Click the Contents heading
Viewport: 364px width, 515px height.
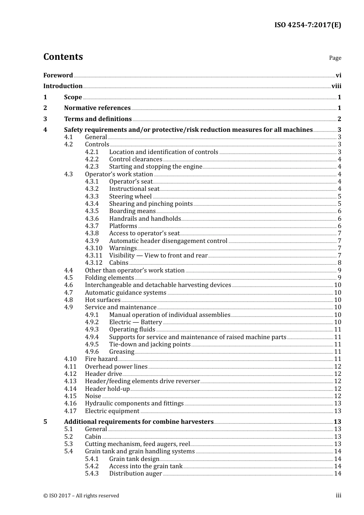tap(63, 57)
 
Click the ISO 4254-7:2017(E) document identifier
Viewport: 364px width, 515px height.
tap(307, 25)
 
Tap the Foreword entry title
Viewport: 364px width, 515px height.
tap(58, 75)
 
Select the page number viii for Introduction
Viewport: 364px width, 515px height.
tap(336, 86)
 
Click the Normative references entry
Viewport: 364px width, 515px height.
tap(97, 108)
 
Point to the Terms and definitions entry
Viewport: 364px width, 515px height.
tap(98, 119)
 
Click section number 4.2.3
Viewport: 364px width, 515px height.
tap(92, 167)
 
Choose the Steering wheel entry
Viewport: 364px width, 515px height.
tap(130, 197)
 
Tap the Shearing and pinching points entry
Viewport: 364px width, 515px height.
tap(151, 204)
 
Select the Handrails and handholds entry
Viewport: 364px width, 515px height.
tap(145, 219)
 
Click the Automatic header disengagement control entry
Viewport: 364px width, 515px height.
tap(168, 241)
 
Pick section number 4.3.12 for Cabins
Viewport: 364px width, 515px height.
tap(93, 263)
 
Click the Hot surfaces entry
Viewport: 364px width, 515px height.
tap(103, 300)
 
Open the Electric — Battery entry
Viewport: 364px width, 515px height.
tap(135, 322)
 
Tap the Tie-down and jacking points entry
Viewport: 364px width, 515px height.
tap(149, 344)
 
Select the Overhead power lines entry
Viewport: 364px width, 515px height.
tap(116, 367)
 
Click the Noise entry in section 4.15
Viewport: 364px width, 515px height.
tap(93, 396)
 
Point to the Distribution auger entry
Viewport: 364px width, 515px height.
tap(135, 474)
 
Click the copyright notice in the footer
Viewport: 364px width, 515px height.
tap(81, 496)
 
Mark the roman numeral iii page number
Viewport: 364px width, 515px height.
tap(338, 495)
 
